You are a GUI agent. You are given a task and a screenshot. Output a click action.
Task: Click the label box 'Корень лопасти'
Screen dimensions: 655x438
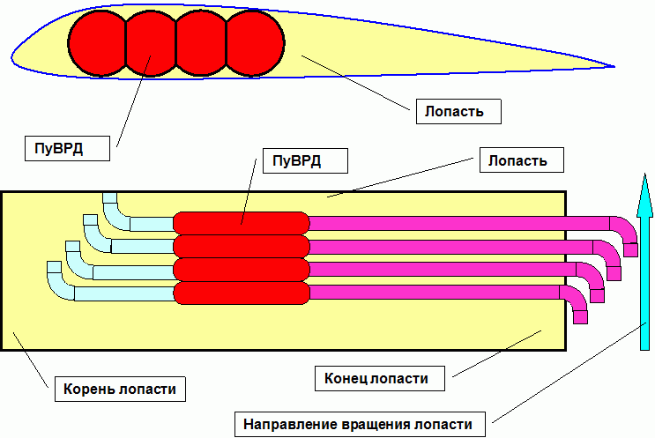click(x=120, y=389)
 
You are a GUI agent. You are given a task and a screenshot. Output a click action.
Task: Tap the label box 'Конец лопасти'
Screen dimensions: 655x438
click(x=380, y=378)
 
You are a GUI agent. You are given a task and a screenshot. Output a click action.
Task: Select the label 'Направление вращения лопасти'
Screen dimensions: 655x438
click(x=360, y=424)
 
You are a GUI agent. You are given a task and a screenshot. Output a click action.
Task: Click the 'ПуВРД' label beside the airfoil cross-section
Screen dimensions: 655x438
click(x=67, y=148)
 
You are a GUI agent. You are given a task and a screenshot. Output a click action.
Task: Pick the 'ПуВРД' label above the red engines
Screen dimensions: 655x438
click(x=305, y=160)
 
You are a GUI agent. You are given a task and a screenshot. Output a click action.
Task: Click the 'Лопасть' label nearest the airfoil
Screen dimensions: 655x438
click(x=458, y=112)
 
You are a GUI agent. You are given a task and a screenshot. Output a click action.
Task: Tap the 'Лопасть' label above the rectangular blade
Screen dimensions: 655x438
click(x=522, y=160)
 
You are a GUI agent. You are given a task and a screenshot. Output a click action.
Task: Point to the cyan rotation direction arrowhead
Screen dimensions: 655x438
click(x=645, y=196)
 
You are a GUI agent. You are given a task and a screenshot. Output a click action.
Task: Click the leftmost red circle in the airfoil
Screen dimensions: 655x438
click(x=97, y=43)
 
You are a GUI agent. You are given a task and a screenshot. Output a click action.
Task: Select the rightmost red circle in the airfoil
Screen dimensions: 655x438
click(x=256, y=43)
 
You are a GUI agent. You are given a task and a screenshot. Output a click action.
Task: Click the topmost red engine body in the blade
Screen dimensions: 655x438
click(x=242, y=223)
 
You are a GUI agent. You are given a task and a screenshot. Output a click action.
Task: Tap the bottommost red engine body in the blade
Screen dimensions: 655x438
click(x=242, y=293)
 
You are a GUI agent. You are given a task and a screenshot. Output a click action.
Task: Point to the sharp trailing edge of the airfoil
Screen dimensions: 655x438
click(x=614, y=66)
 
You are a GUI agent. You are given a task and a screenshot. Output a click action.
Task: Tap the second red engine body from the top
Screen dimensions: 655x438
click(x=242, y=247)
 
